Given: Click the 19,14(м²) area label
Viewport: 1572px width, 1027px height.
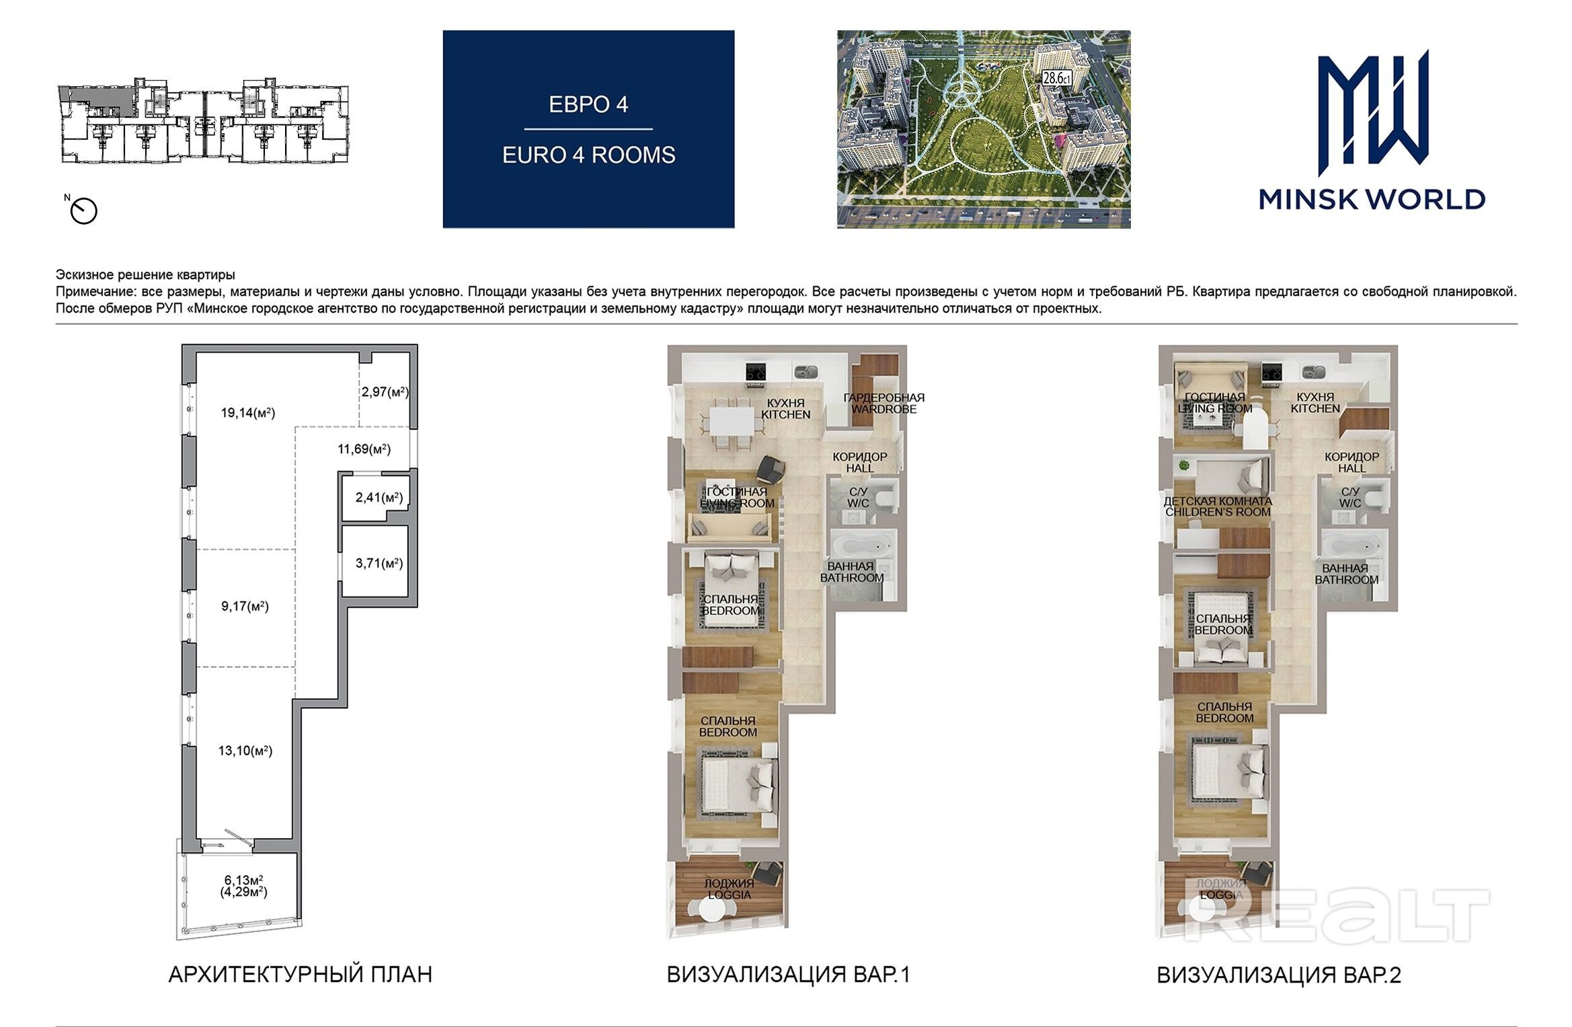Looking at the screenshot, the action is click(x=248, y=412).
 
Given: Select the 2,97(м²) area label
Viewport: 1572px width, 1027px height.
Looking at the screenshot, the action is click(x=385, y=391).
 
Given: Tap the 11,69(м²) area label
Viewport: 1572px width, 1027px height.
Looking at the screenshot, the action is click(x=364, y=449).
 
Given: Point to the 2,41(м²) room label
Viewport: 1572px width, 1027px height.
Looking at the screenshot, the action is click(x=379, y=498).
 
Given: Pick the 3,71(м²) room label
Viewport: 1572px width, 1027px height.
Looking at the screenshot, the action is click(x=379, y=563).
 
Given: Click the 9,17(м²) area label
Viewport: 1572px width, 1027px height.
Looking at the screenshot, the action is click(x=245, y=606).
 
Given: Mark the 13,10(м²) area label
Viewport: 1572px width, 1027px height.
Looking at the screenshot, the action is click(x=245, y=750).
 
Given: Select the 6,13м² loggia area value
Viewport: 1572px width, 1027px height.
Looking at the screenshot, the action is click(x=243, y=880).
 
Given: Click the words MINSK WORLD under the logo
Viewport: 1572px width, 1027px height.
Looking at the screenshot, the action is click(x=1372, y=199).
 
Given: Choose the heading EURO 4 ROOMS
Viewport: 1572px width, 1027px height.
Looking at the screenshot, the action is click(x=588, y=155).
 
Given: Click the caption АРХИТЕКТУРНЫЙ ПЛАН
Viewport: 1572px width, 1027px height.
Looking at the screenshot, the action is click(x=300, y=975).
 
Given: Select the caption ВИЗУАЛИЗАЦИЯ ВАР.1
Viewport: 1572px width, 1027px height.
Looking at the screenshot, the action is click(x=788, y=975).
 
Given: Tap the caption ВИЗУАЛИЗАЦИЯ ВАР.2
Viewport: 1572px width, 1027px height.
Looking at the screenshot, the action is click(x=1279, y=975).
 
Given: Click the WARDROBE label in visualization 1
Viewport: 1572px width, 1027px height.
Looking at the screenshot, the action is click(x=884, y=409).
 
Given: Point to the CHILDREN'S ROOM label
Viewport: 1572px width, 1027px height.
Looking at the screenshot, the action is click(x=1218, y=512).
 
